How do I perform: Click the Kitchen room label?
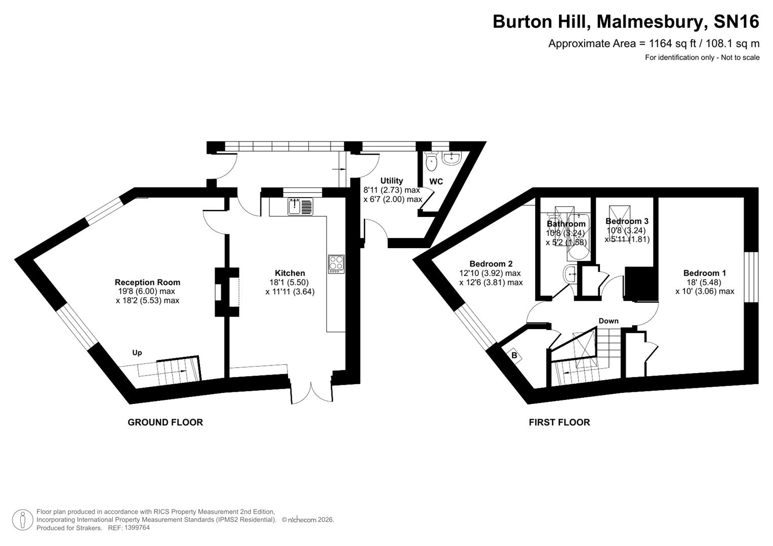pyautogui.click(x=290, y=273)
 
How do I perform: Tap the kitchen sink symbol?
pyautogui.click(x=301, y=206)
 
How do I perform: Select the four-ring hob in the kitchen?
pyautogui.click(x=336, y=263)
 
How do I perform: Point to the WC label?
pyautogui.click(x=436, y=181)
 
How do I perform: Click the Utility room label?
pyautogui.click(x=391, y=180)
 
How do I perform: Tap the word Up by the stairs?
pyautogui.click(x=137, y=352)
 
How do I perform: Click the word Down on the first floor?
pyautogui.click(x=608, y=321)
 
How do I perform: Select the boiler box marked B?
pyautogui.click(x=514, y=355)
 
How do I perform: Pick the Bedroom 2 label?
pyautogui.click(x=491, y=263)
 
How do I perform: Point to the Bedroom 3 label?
pyautogui.click(x=627, y=221)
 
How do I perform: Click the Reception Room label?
pyautogui.click(x=147, y=282)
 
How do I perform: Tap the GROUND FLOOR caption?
pyautogui.click(x=165, y=422)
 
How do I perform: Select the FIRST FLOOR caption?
pyautogui.click(x=559, y=422)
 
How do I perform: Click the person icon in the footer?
pyautogui.click(x=23, y=520)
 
